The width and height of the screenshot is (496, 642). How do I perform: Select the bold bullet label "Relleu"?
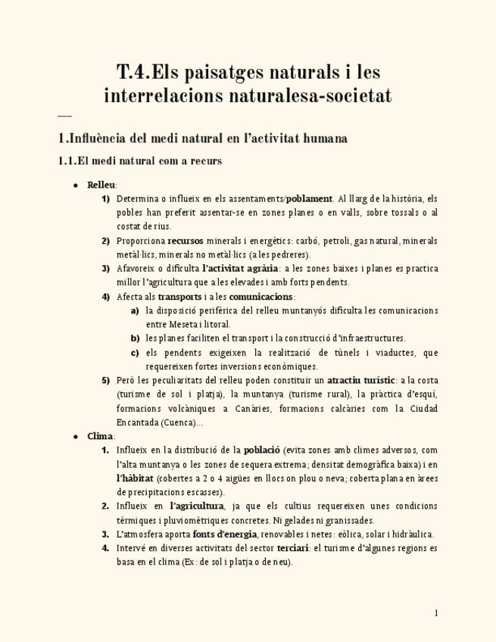click(101, 185)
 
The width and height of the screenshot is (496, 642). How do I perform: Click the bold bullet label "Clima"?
click(100, 436)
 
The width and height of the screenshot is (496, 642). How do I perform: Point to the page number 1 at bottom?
click(436, 612)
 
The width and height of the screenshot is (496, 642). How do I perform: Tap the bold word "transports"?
click(179, 297)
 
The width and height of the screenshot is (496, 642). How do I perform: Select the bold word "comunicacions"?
click(261, 297)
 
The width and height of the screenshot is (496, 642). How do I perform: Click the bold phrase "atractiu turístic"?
click(360, 380)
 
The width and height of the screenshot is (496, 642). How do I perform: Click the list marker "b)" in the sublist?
click(135, 338)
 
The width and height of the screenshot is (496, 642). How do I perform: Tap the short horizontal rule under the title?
click(64, 116)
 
